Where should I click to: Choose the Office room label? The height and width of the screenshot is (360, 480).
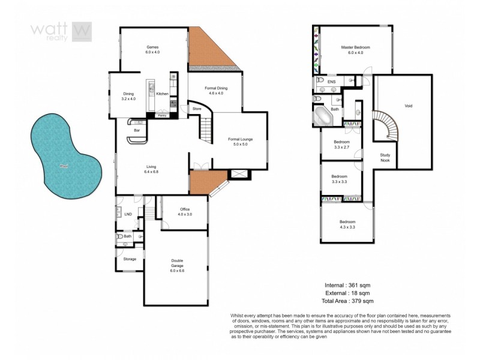tap(185, 211)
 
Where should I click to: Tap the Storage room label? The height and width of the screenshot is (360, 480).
tap(130, 259)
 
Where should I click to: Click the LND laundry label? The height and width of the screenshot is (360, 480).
tap(127, 214)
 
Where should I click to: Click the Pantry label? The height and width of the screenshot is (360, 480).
tap(162, 115)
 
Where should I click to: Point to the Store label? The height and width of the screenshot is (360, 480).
tap(196, 109)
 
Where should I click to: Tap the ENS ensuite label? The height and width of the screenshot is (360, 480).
tap(331, 80)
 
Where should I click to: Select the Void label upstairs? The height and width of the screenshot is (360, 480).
tap(408, 106)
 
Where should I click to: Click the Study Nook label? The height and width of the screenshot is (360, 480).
tap(386, 157)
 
